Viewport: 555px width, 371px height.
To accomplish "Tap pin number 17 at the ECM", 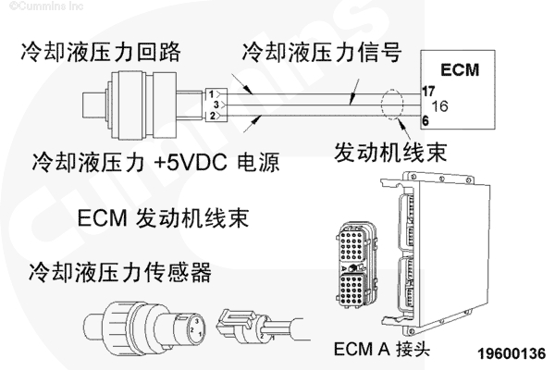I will pos(427,91).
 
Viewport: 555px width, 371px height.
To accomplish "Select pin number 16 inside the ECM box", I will pos(439,106).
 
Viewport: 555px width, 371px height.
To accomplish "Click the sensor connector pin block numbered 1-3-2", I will pos(213,105).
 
